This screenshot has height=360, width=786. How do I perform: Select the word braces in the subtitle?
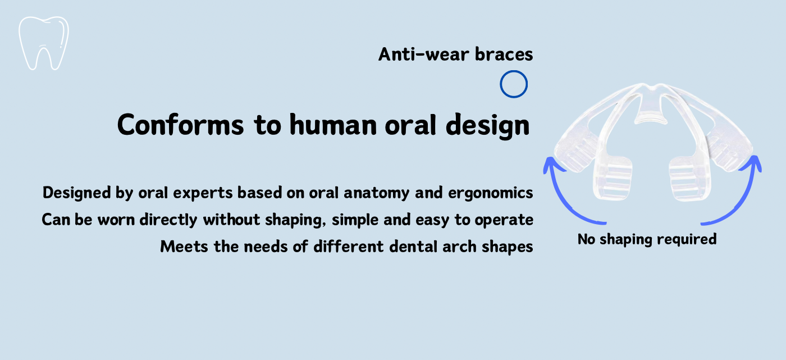tap(504, 54)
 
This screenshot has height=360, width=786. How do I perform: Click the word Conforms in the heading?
tap(180, 125)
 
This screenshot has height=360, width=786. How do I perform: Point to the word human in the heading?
tap(333, 125)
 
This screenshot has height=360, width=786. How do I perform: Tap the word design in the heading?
tap(487, 126)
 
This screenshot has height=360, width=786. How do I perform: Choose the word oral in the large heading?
tap(410, 125)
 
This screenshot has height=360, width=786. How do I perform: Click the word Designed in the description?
tap(76, 193)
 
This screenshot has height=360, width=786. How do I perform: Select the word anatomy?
tap(377, 193)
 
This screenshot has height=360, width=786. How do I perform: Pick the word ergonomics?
tap(491, 193)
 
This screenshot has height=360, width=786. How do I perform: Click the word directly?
tap(168, 220)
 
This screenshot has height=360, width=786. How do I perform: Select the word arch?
tap(459, 247)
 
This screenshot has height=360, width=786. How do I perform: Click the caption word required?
tap(687, 240)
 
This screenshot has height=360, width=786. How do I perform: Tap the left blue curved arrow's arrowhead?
tap(551, 165)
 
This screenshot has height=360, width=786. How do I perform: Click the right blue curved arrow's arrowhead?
tap(752, 164)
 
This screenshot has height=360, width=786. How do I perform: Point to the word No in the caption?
tap(586, 239)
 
